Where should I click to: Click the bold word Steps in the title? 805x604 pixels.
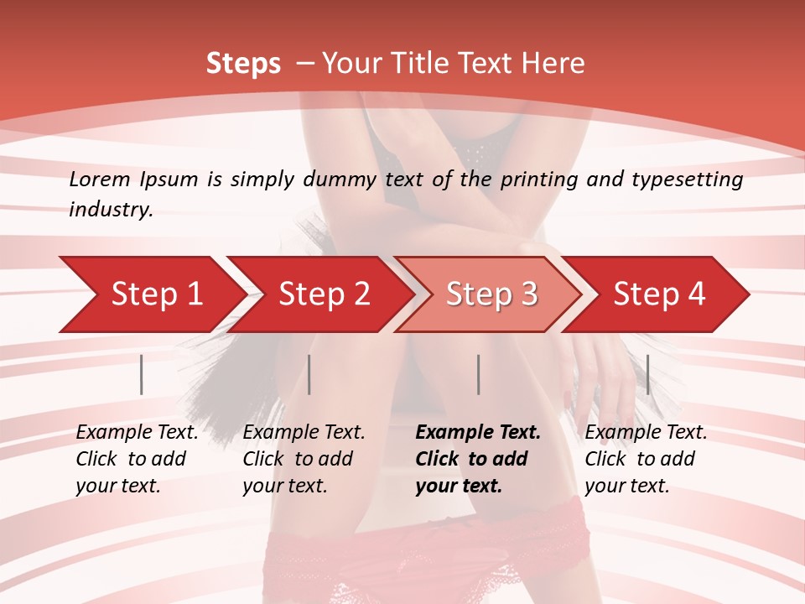(243, 64)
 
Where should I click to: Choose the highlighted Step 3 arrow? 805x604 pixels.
(491, 294)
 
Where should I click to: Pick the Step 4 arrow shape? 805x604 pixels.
(658, 294)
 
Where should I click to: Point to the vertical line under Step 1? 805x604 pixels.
(142, 374)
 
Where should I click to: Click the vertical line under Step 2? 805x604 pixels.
(309, 374)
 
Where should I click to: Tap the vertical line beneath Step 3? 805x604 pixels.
(478, 374)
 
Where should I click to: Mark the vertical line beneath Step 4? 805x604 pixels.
(647, 374)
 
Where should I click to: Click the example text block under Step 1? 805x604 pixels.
(137, 459)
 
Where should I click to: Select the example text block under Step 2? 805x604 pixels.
(304, 459)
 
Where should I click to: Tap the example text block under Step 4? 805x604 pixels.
(646, 459)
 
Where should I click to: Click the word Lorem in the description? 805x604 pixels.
(100, 179)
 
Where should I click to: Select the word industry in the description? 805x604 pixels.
(110, 209)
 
